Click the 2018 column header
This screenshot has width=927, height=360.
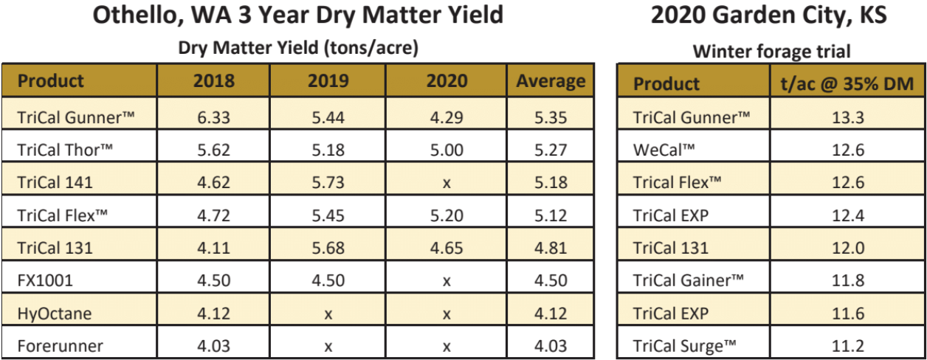point(213,81)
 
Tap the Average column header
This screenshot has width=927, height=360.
point(551,81)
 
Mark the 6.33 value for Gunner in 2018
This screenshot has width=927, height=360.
point(213,117)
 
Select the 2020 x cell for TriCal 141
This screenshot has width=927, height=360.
point(447,183)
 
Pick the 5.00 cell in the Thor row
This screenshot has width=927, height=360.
point(447,150)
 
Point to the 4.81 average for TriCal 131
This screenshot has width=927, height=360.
point(551,248)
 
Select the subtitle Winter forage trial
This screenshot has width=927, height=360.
point(771,52)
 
